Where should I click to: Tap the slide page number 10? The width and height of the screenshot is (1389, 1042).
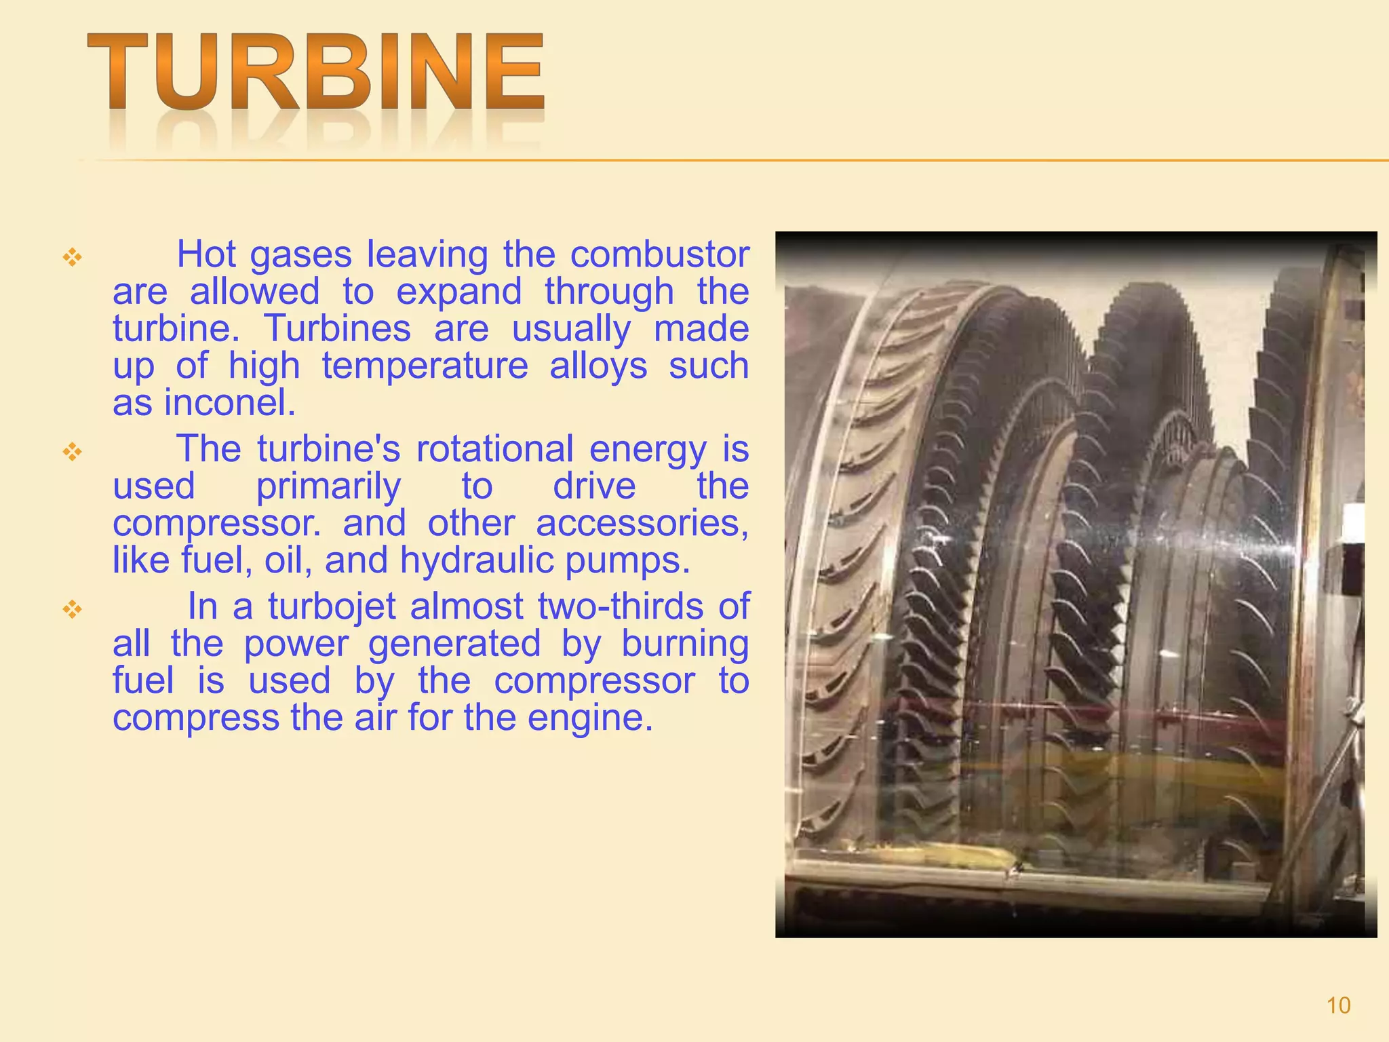(x=1338, y=1005)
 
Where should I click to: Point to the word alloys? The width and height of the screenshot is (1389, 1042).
(x=598, y=366)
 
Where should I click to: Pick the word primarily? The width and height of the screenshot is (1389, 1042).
(x=328, y=487)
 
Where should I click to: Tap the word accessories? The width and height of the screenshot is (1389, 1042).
(x=642, y=524)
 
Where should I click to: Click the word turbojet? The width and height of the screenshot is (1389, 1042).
(x=332, y=606)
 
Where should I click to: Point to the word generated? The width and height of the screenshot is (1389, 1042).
(x=454, y=643)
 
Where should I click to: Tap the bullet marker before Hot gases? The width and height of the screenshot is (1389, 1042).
(x=72, y=257)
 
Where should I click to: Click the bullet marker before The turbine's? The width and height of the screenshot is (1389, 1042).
(x=72, y=451)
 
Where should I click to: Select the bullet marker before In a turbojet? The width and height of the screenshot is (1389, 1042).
(x=72, y=609)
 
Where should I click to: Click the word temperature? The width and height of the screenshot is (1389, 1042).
(x=425, y=366)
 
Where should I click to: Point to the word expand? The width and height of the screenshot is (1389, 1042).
(x=458, y=292)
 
